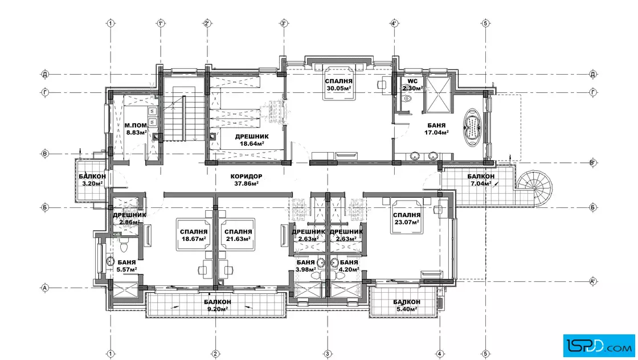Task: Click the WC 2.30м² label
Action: (x=412, y=84)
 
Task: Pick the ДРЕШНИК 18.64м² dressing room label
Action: (x=251, y=140)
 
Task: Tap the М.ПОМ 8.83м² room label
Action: (x=136, y=129)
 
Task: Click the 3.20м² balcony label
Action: (x=92, y=180)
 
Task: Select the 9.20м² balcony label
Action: (x=217, y=305)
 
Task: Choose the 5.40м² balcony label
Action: (x=407, y=305)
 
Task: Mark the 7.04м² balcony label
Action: (x=481, y=180)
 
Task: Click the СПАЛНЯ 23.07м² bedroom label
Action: (x=407, y=218)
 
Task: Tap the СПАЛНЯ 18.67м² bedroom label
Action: (x=193, y=235)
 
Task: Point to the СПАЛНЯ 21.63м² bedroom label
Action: (x=238, y=235)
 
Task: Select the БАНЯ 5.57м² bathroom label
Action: (x=126, y=265)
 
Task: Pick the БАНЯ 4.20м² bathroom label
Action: (x=349, y=265)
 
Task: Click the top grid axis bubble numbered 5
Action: (x=485, y=23)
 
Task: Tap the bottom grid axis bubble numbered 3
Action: (x=327, y=354)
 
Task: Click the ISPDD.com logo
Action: (x=599, y=345)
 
